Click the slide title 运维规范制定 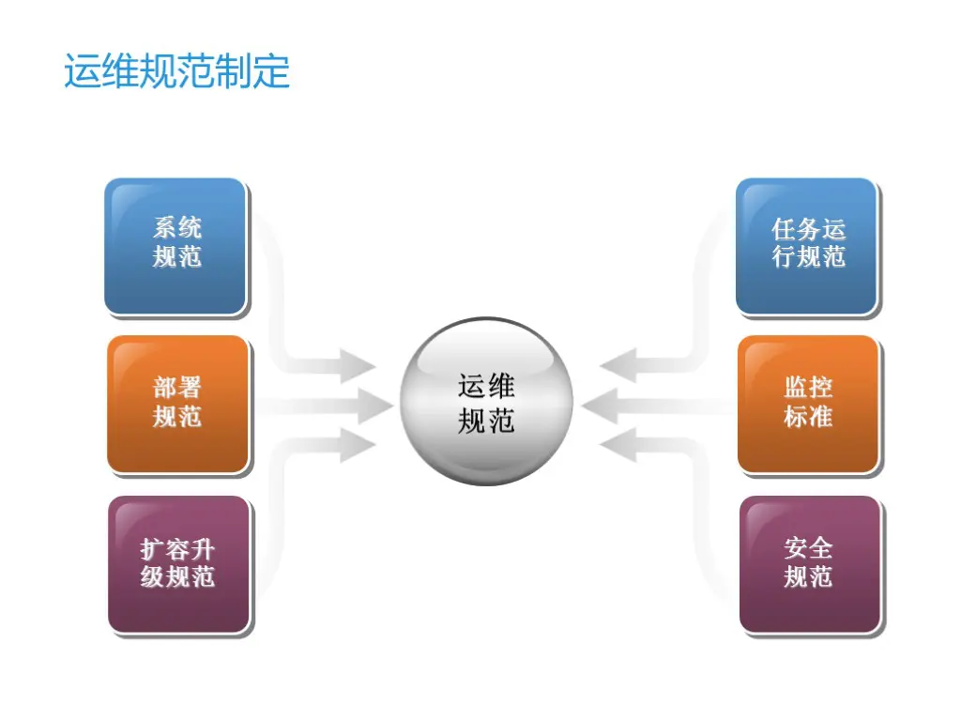176,72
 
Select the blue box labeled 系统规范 175,246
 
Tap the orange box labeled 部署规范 177,405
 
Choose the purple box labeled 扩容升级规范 178,564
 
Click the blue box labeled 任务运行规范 807,246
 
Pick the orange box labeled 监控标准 808,405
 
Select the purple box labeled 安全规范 810,564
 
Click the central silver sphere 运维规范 486,402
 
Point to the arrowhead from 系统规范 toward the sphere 357,364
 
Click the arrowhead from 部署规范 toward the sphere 374,407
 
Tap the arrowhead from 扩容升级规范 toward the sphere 357,445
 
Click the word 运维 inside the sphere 486,386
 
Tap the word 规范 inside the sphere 486,421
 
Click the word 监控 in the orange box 808,388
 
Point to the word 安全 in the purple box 809,547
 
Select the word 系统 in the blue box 177,228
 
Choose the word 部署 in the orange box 177,388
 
